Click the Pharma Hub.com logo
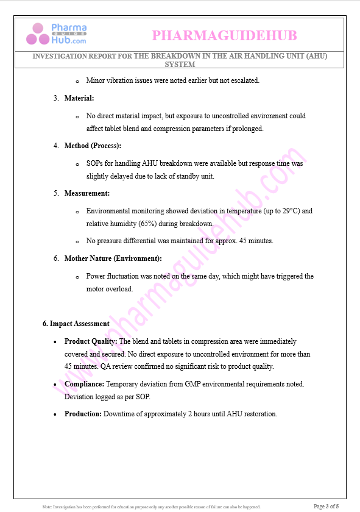point(56,34)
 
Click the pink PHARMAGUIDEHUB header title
point(224,35)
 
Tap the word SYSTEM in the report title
point(180,64)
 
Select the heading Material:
point(79,98)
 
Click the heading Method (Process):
point(93,146)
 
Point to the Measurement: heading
point(87,193)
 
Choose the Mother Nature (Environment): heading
point(113,258)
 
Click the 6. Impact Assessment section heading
point(76,324)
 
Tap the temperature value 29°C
point(292,211)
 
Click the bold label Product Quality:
point(91,341)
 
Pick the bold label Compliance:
point(85,384)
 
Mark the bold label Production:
point(83,414)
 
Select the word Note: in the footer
point(48,507)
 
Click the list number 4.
point(56,146)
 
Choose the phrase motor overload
point(110,288)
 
